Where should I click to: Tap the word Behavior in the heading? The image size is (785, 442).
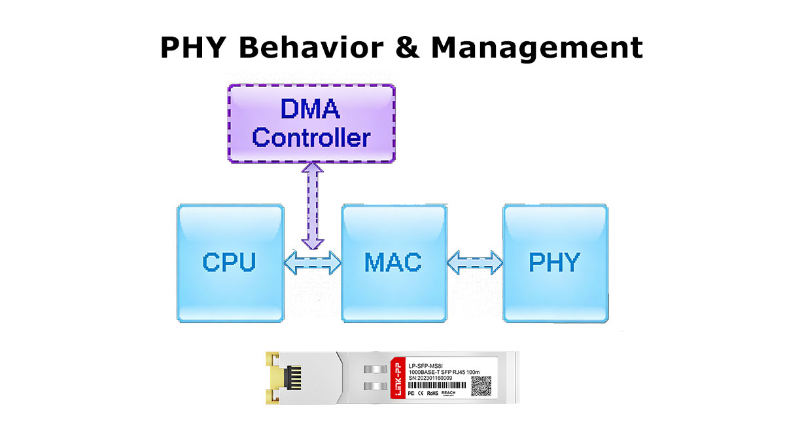pos(314,48)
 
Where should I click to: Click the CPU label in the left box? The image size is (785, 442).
pos(229,263)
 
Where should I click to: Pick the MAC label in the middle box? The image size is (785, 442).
pos(392,263)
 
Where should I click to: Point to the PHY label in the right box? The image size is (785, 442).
pos(554,263)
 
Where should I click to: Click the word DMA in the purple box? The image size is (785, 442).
pos(310,109)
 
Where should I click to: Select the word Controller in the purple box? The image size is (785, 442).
pos(311,138)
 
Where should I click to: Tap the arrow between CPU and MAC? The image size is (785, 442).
pos(313,263)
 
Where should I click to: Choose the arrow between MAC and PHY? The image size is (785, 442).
pos(475,263)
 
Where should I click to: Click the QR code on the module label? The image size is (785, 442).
pos(481,386)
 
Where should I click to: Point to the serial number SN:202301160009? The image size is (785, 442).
pos(430,378)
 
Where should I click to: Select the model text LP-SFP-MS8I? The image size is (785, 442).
pos(425,365)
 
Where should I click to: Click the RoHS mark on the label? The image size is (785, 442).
pos(432,394)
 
